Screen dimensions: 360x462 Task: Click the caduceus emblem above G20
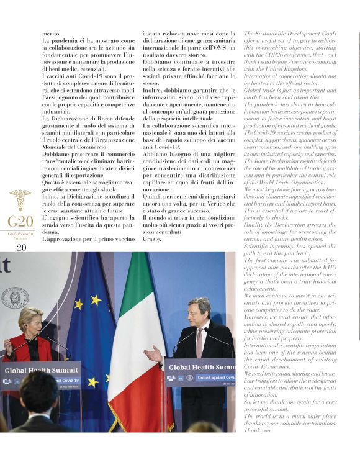point(20,199)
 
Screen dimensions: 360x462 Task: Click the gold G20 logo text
point(20,222)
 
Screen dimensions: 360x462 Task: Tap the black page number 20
point(21,247)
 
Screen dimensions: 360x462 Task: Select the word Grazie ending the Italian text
point(152,239)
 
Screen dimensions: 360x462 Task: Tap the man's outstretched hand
point(151,356)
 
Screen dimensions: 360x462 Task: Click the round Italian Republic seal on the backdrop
point(15,297)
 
